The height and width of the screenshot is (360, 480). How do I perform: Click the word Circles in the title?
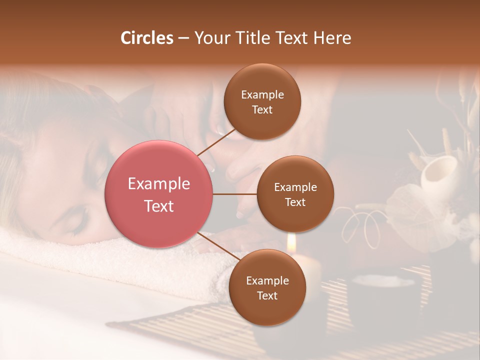[147, 38]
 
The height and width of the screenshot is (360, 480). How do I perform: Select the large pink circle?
[159, 194]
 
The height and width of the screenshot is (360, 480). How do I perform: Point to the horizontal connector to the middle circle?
[235, 194]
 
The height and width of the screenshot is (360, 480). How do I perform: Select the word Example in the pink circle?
[159, 184]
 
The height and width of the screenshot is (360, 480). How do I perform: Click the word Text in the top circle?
[262, 110]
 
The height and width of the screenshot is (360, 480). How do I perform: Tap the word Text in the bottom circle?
[267, 296]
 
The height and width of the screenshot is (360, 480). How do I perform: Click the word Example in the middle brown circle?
[295, 187]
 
